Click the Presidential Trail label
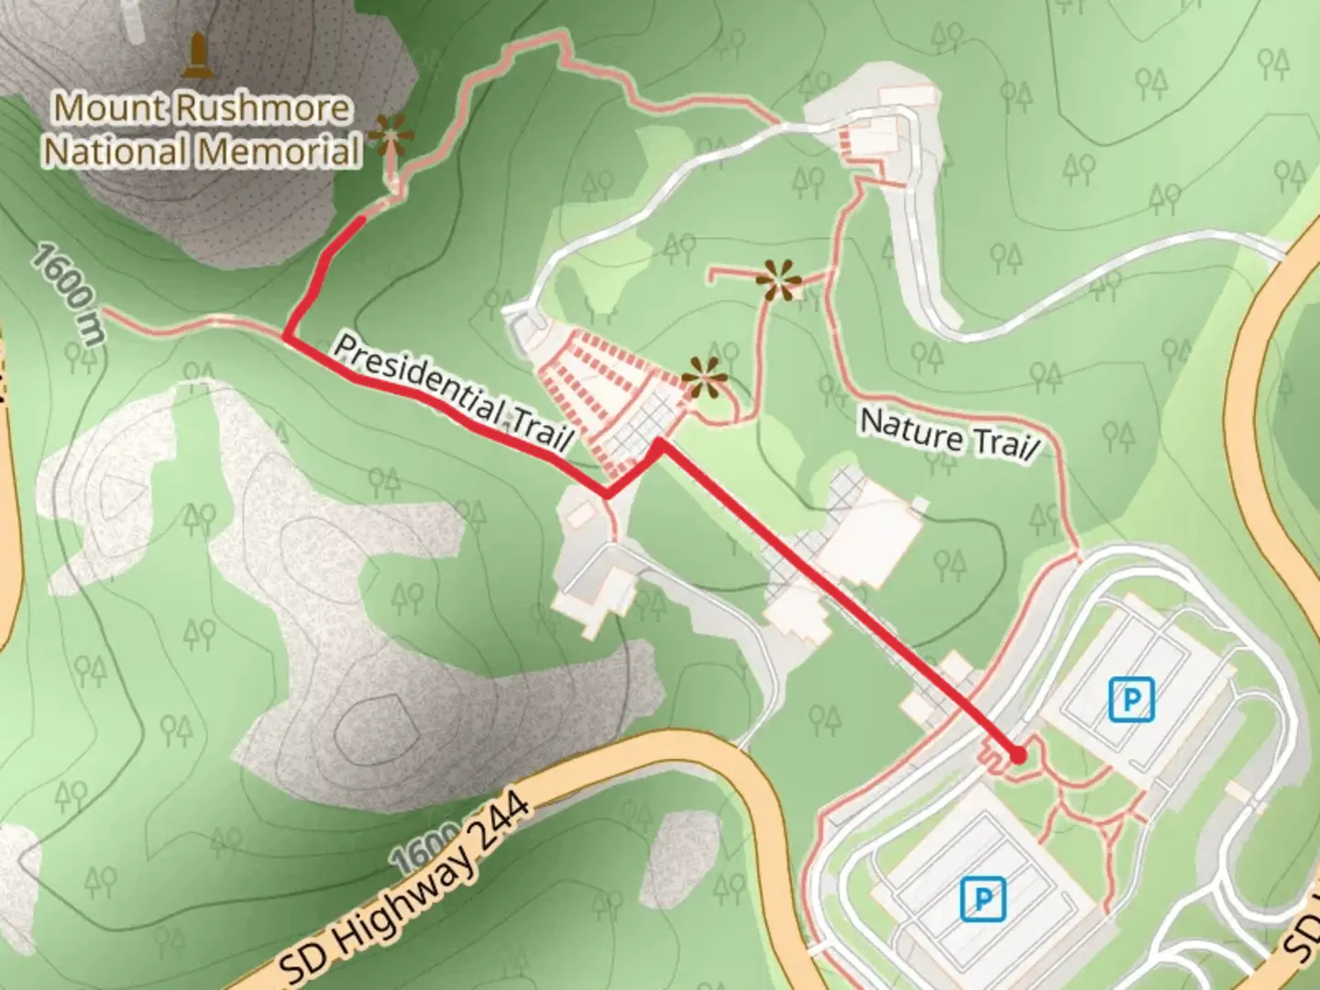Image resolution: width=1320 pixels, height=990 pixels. coord(452,392)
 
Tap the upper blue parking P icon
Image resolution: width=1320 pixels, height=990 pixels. coord(1131,699)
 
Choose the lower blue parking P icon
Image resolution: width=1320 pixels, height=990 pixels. coord(983,897)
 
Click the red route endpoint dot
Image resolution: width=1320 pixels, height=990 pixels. coord(1017,755)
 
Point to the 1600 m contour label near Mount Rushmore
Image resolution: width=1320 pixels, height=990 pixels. coord(70,293)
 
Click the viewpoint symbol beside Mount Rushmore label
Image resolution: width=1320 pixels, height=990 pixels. coord(391,137)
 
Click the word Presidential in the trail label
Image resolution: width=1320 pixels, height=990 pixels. coord(416,379)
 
